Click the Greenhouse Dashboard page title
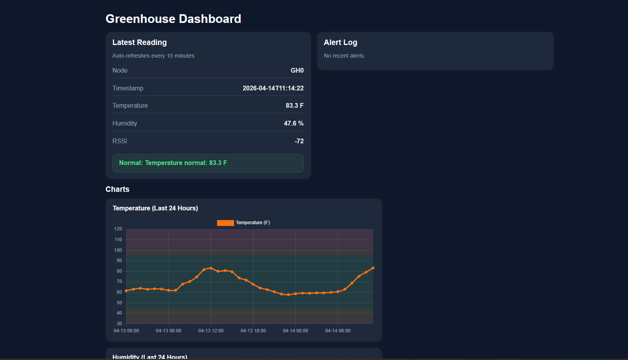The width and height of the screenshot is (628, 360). (173, 19)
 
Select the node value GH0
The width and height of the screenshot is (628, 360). (297, 70)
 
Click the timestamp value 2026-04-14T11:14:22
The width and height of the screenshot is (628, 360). (273, 88)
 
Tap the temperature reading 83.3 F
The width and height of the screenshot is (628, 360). (294, 105)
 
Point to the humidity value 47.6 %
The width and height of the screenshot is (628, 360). (293, 123)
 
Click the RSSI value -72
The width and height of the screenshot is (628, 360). (299, 141)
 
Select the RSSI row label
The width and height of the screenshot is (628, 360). (120, 141)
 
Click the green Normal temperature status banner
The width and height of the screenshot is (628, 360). (208, 163)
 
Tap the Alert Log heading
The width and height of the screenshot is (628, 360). (340, 42)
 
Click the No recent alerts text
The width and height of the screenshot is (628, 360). (344, 56)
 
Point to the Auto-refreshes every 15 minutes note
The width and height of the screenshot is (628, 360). (153, 56)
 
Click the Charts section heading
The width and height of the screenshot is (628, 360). (118, 189)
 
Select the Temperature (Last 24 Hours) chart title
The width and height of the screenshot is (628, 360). (155, 208)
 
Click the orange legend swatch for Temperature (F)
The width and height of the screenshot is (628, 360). (225, 223)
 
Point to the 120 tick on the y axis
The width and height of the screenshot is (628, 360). (118, 229)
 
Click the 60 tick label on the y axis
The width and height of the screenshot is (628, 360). (119, 292)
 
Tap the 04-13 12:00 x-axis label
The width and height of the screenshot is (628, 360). (211, 331)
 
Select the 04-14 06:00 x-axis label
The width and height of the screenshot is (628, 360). (338, 331)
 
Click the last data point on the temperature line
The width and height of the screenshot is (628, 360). (373, 268)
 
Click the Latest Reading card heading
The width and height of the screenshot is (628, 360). (139, 42)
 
